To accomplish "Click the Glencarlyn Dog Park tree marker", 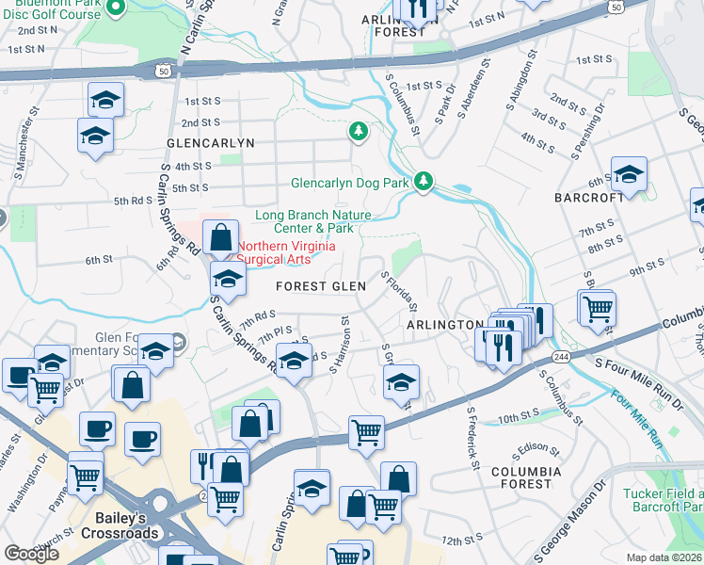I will click(424, 180).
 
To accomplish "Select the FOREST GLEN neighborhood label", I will click(314, 286).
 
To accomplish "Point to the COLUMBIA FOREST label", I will click(526, 477).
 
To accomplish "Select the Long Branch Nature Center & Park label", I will click(304, 221).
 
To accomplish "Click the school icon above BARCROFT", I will click(629, 173).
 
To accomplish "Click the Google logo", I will click(31, 554).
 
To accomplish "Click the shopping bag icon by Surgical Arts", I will click(220, 238).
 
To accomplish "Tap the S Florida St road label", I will click(399, 292).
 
